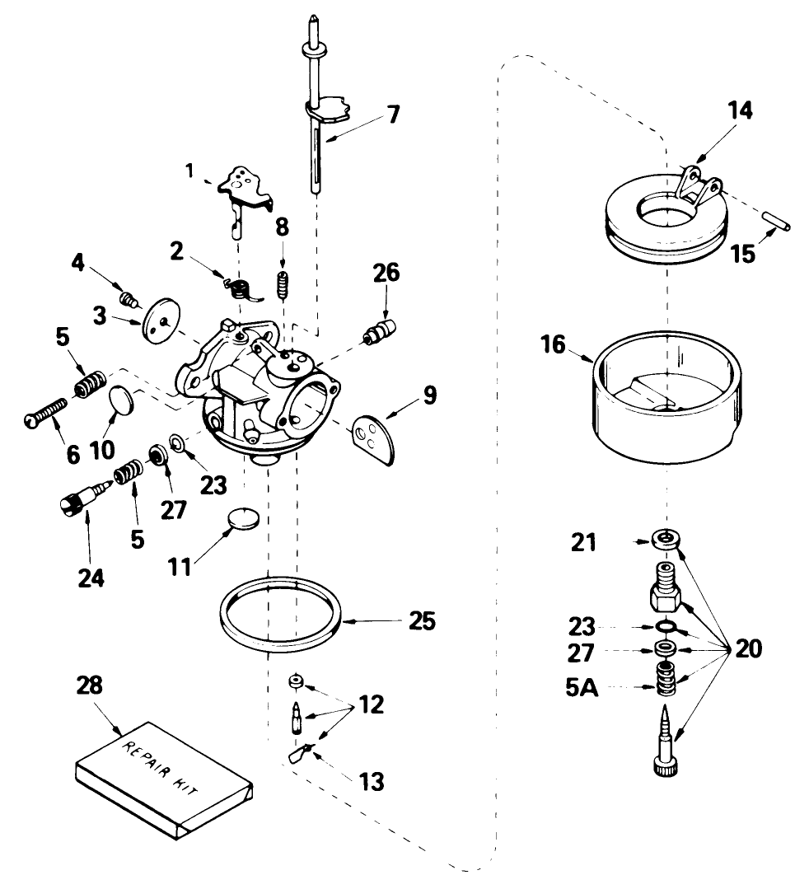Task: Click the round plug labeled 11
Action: pyautogui.click(x=242, y=521)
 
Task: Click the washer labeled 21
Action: pyautogui.click(x=666, y=540)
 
